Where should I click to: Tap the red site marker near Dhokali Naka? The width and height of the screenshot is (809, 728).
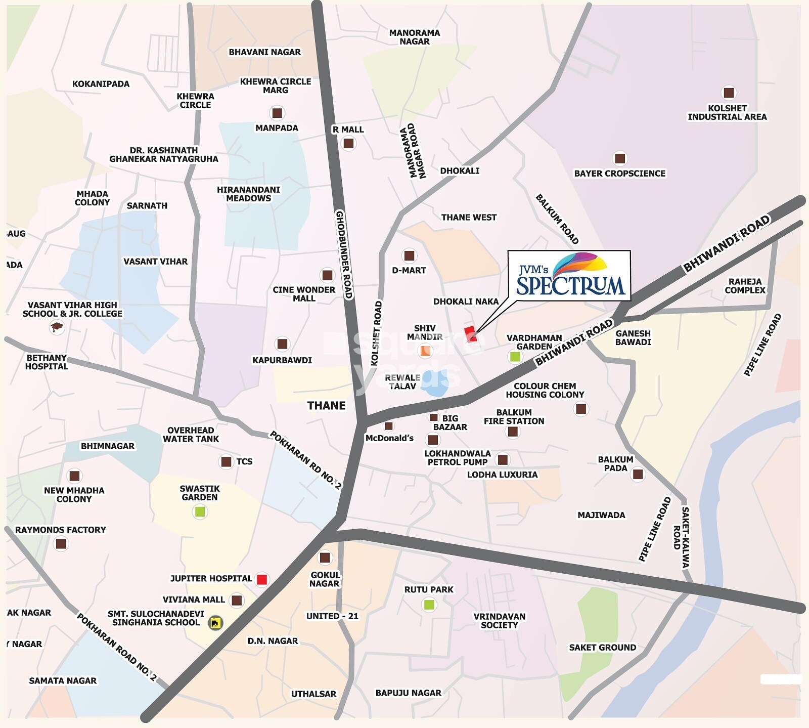click(x=470, y=333)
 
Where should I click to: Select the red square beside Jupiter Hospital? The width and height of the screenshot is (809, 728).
click(x=262, y=579)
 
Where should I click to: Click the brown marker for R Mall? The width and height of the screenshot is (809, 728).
click(x=348, y=143)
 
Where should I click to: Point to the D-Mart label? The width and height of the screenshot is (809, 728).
click(x=409, y=270)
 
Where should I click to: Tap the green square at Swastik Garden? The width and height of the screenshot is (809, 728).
click(x=200, y=511)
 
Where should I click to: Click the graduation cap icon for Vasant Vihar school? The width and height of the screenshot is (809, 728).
click(x=57, y=328)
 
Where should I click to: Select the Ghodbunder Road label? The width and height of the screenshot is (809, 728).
click(x=343, y=254)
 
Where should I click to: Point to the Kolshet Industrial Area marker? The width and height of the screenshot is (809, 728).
click(x=728, y=93)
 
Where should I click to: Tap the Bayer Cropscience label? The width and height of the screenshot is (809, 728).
click(x=619, y=174)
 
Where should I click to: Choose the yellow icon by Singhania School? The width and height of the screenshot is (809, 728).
click(x=215, y=623)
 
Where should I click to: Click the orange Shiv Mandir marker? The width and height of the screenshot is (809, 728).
click(x=425, y=350)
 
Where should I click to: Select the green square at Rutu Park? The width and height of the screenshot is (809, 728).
click(x=429, y=604)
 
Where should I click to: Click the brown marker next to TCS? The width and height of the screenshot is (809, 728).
click(x=226, y=461)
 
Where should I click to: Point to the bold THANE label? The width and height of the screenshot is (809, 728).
click(x=326, y=406)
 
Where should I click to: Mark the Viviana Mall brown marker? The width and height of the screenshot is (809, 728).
click(x=236, y=601)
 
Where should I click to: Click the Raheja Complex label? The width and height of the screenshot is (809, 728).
click(x=745, y=286)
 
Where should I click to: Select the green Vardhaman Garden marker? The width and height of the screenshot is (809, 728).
click(x=515, y=357)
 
